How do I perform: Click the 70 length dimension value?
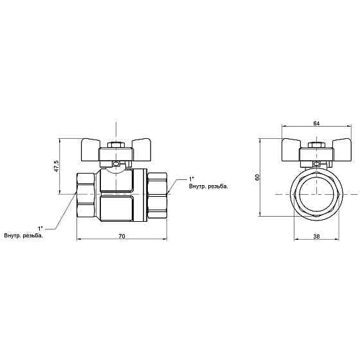[122, 236]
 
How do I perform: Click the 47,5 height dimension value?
[57, 166]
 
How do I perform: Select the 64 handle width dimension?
[316, 123]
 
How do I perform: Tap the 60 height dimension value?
[257, 177]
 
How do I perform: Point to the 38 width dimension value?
[316, 236]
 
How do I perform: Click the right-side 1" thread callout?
[192, 179]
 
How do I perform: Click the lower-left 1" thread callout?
[40, 228]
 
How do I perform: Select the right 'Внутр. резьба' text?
[208, 186]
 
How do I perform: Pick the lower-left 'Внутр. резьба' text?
[23, 235]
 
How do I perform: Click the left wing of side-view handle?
[90, 149]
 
